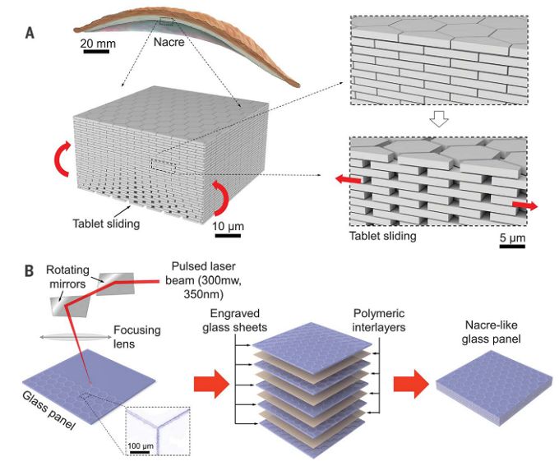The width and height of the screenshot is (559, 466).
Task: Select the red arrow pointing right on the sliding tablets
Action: pos(524,205)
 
